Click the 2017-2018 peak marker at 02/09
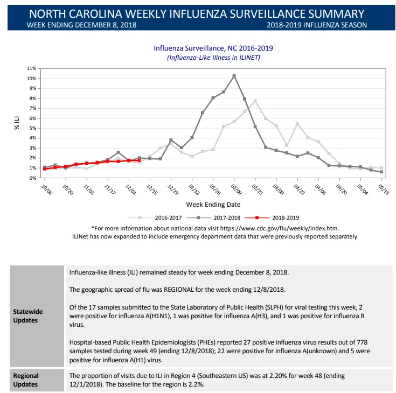(x=234, y=76)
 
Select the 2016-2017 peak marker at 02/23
(x=255, y=101)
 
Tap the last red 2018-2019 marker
(x=140, y=160)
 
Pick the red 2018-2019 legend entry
(x=272, y=217)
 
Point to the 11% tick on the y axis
(x=32, y=68)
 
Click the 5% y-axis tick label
(x=33, y=128)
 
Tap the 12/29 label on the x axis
(x=173, y=190)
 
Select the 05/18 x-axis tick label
(x=384, y=190)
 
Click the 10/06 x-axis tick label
(x=47, y=190)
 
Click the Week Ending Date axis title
(x=213, y=205)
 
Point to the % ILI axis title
(x=17, y=123)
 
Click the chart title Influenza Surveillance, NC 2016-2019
(x=213, y=48)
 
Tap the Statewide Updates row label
(x=28, y=316)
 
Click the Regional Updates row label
(x=26, y=380)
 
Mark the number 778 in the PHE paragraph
(x=362, y=342)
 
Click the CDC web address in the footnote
(x=279, y=228)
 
